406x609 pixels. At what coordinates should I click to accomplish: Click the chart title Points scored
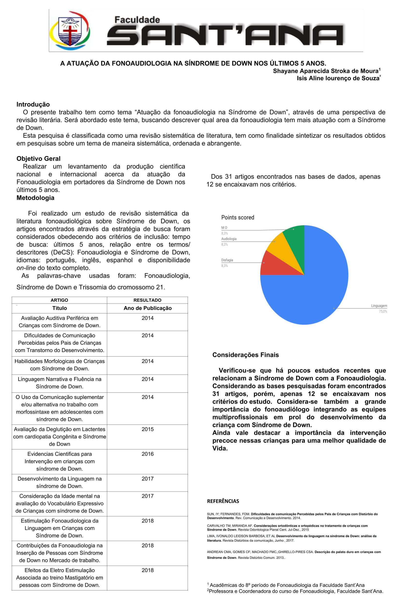coord(237,217)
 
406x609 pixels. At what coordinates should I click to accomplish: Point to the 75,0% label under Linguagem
coord(383,312)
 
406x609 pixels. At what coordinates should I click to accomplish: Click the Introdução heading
coord(33,104)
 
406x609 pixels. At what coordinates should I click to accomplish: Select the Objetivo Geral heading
coord(38,158)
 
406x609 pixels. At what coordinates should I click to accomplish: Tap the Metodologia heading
coord(36,198)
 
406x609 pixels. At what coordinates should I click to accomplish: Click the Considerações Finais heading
coord(245,355)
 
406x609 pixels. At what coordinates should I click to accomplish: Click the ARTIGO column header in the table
coord(59,300)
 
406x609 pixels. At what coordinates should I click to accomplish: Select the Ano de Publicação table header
coord(147,308)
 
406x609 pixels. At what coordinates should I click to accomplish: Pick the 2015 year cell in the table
coord(147,429)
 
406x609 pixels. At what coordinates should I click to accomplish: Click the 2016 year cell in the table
coord(147,454)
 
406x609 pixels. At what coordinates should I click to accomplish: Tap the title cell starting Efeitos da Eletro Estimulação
coord(59,577)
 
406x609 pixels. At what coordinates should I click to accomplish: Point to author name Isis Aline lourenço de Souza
coord(338,78)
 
